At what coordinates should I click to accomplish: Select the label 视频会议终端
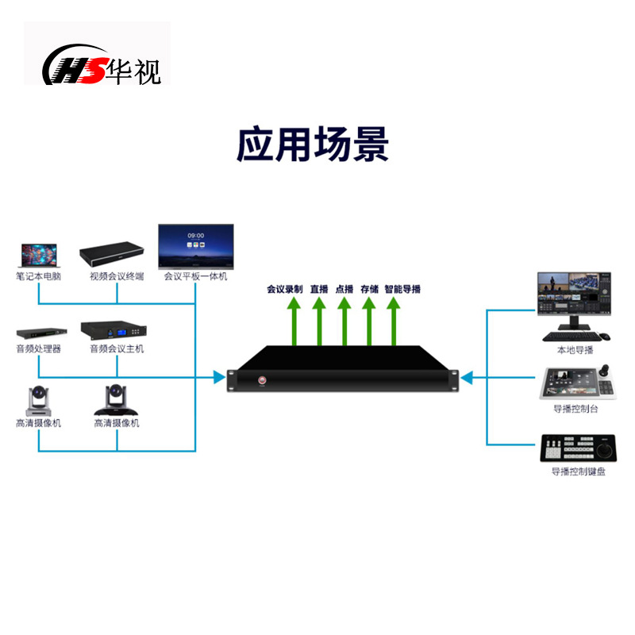pos(117,277)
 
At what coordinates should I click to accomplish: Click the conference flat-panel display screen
pos(195,247)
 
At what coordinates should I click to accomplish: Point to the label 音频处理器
pos(38,349)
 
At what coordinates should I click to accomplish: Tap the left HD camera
pos(37,400)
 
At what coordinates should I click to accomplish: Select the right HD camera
pos(116,400)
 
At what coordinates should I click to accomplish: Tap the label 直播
pos(319,290)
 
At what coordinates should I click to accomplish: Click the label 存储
pos(369,290)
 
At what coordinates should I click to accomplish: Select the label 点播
pos(344,290)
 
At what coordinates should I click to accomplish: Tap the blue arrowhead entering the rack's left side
pos(220,377)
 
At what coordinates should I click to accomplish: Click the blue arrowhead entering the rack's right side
pos(468,377)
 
